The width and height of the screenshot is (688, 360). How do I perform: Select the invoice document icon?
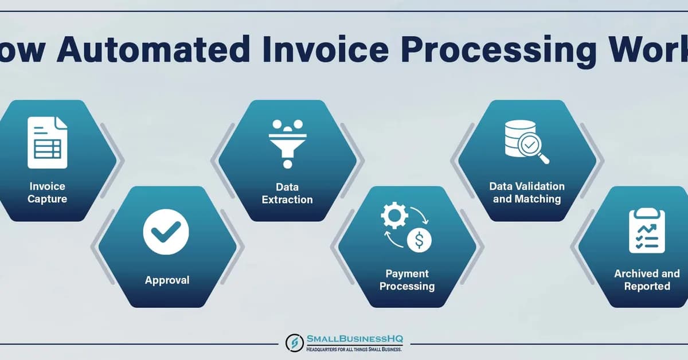[48, 142]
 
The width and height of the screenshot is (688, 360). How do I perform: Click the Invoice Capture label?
[47, 193]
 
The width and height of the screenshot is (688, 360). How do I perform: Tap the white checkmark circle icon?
[166, 232]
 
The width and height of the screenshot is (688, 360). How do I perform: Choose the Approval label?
[167, 280]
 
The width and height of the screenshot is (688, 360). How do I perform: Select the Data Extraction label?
[287, 193]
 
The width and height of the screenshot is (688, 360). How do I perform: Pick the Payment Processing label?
[406, 280]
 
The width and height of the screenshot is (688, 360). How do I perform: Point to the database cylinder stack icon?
[517, 138]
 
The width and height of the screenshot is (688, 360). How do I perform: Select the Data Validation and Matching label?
[526, 193]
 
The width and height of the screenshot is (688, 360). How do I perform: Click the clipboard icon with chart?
[647, 230]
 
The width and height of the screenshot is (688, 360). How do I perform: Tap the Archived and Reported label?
[647, 280]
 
